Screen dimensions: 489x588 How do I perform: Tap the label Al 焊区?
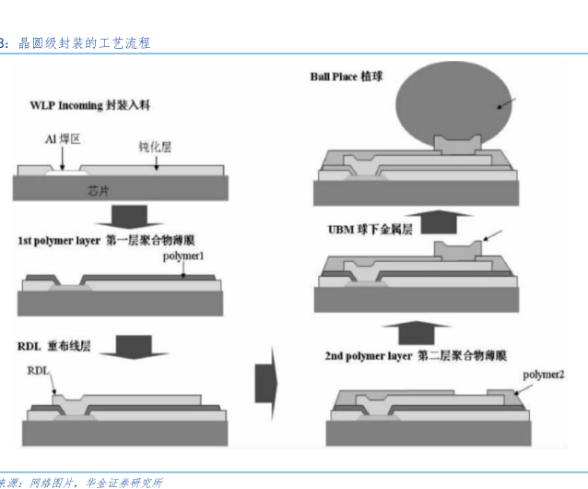tap(63, 139)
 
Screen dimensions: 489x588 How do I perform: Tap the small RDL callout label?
tap(38, 370)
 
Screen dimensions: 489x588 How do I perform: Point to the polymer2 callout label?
tap(543, 375)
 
